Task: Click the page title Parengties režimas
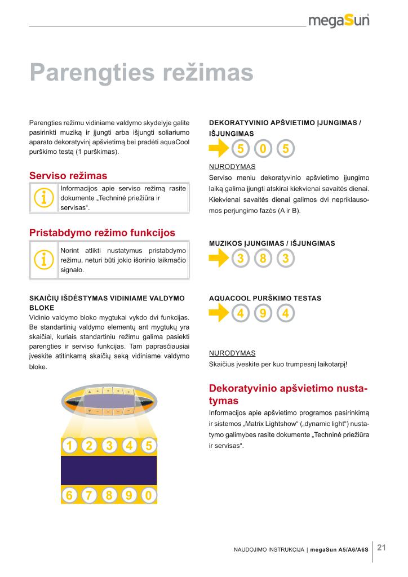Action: tap(141, 72)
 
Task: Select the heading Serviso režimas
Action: tap(68, 176)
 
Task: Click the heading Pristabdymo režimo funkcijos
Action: tap(102, 233)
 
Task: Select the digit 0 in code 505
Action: tap(263, 149)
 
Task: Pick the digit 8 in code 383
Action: tap(263, 259)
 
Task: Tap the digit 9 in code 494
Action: tap(263, 314)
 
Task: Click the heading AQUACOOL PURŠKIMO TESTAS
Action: tap(265, 298)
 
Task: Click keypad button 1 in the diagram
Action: tap(70, 446)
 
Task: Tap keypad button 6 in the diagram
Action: tap(70, 495)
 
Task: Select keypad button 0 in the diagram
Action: tap(148, 495)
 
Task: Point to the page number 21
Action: tap(382, 547)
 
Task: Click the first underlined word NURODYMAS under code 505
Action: tap(232, 167)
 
